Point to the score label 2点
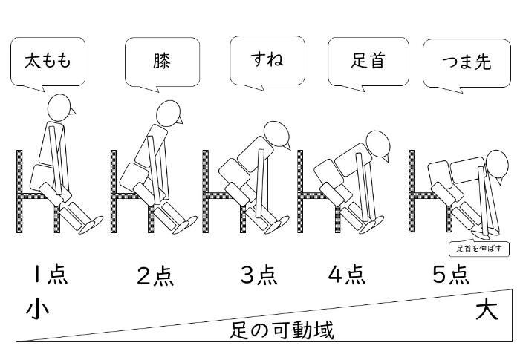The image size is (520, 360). (x=155, y=275)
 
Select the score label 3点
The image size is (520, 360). (x=259, y=275)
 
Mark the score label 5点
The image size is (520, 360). (x=451, y=275)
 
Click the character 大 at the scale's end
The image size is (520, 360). (x=487, y=309)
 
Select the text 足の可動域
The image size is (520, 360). (x=281, y=329)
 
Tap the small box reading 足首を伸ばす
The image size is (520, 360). (x=479, y=249)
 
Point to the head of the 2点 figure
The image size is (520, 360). (x=169, y=112)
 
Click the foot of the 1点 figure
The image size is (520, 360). (x=93, y=223)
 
